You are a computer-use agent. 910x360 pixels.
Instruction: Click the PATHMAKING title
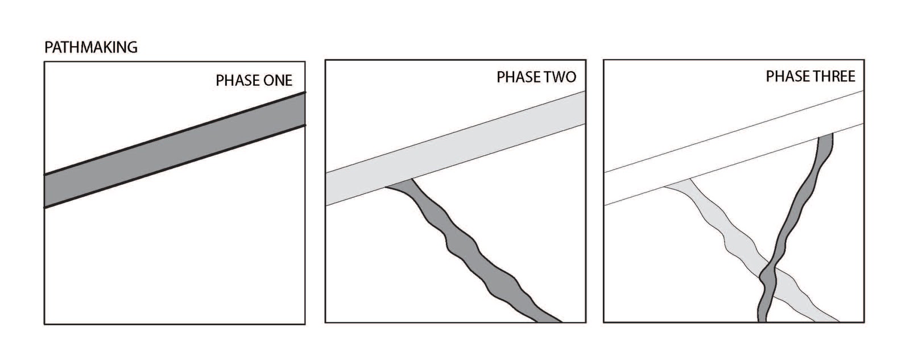point(91,48)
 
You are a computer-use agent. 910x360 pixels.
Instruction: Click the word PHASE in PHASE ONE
point(237,80)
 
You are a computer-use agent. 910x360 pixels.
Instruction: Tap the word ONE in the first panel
point(278,80)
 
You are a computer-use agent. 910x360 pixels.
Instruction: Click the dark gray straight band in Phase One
point(175,150)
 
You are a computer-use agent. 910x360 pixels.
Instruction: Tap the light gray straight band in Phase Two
point(456,148)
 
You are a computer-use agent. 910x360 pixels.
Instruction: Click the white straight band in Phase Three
point(734,148)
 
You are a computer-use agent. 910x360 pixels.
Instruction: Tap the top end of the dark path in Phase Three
point(825,134)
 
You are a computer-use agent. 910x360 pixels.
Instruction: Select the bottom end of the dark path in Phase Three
point(762,321)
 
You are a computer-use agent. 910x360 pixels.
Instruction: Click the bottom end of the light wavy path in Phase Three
point(827,321)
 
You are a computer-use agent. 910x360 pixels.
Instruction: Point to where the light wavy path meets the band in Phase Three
point(677,183)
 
